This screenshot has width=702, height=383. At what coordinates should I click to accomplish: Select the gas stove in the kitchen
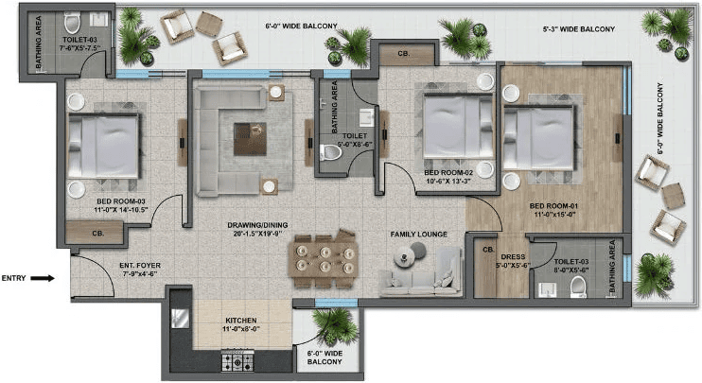click(239, 359)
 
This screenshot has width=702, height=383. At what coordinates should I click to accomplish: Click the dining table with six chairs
click(324, 256)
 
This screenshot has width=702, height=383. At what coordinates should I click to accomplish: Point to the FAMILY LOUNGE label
click(419, 234)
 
